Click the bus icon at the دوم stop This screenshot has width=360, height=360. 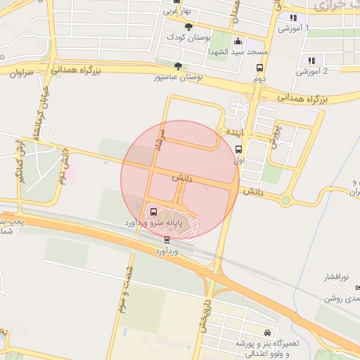coord(260,68)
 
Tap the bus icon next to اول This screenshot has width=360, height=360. coord(238,149)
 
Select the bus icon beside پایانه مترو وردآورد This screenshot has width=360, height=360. coord(154,211)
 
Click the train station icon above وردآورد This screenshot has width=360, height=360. coord(167,239)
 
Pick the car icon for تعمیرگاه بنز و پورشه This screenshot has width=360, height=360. coord(266,332)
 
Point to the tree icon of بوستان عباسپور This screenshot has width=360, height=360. coord(178,66)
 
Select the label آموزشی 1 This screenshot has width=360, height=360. coord(293,29)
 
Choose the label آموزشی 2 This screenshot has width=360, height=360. coord(312,71)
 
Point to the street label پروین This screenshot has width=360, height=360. coord(276,134)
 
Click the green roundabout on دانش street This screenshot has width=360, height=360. coord(285,200)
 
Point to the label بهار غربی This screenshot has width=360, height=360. coord(179,11)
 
